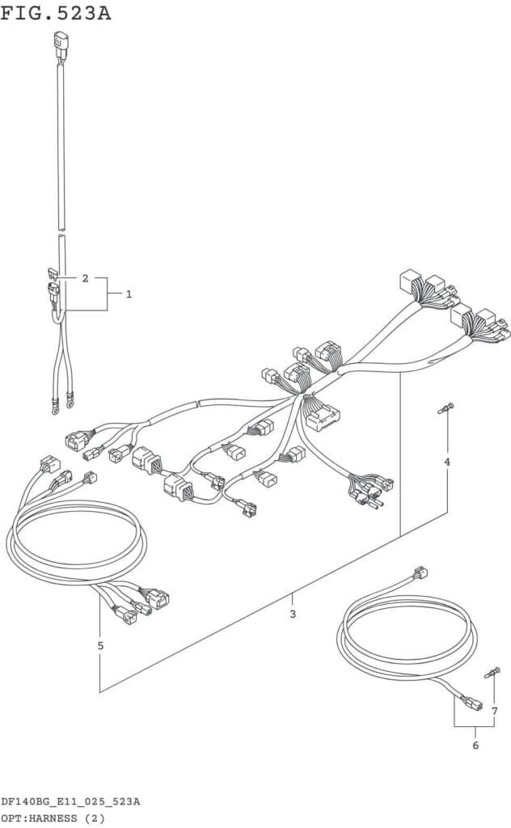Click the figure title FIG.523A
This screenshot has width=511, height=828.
[x=56, y=13]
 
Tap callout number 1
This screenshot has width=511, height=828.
[x=129, y=294]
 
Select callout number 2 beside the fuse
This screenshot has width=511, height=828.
[x=86, y=278]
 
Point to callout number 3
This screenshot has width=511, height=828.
[x=293, y=615]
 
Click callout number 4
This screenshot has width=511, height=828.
[x=447, y=462]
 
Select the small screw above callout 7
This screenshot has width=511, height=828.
[x=492, y=673]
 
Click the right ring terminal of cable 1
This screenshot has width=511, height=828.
[x=70, y=403]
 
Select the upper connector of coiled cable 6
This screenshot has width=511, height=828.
[x=420, y=572]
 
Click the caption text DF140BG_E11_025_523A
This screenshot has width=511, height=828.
[x=70, y=801]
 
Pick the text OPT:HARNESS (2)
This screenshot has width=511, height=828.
[x=53, y=818]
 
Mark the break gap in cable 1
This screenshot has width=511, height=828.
[x=61, y=232]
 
